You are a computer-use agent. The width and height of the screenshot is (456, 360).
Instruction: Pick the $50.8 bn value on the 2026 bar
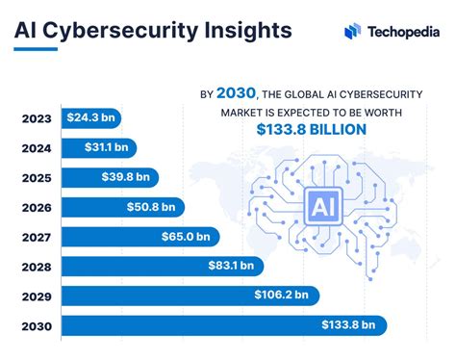152,207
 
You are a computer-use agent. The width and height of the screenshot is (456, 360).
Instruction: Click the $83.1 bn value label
231,267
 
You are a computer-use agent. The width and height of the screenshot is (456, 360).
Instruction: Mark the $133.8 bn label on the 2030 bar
349,325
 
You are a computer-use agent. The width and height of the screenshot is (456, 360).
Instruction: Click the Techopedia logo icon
352,31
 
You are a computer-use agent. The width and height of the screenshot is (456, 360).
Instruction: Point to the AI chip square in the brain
318,204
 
